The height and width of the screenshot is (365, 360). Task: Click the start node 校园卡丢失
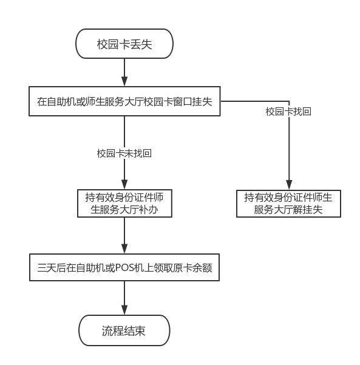(x=124, y=44)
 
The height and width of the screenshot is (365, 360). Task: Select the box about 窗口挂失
(x=124, y=101)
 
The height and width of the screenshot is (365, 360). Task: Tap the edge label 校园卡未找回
(x=124, y=153)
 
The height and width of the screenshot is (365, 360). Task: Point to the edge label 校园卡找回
(x=288, y=112)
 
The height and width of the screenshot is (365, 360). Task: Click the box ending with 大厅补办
(x=124, y=204)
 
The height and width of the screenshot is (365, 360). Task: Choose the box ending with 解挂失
(x=288, y=204)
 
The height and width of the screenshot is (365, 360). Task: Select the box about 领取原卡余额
(x=124, y=267)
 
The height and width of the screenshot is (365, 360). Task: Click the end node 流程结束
(x=124, y=330)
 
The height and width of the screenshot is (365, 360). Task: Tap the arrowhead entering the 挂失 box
(x=124, y=81)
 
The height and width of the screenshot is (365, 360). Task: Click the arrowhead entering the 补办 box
(x=124, y=184)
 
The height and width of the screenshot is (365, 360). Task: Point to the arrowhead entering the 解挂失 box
(x=289, y=185)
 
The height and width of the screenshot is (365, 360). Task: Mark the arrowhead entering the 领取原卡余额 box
(x=124, y=249)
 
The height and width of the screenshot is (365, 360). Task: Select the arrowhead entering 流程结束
(x=124, y=310)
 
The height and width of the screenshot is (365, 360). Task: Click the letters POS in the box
(x=124, y=268)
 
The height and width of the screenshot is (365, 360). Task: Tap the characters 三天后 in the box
(x=52, y=268)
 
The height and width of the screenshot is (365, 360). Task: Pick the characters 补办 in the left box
(x=148, y=210)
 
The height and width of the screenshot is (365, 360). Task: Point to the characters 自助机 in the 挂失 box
(x=61, y=102)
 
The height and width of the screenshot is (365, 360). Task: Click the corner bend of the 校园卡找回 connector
(x=289, y=101)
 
